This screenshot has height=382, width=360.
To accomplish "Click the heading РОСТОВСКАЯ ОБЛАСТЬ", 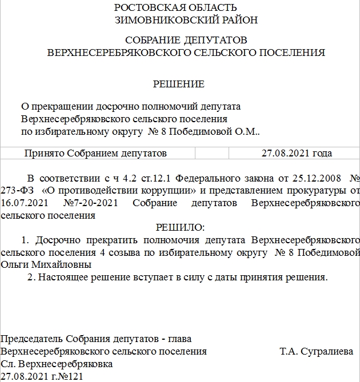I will click(175, 7).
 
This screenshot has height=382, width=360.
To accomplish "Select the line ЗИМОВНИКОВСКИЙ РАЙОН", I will click(186, 20).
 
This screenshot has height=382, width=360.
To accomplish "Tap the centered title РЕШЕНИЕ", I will click(178, 84).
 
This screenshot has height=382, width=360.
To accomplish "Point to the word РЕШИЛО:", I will click(180, 227).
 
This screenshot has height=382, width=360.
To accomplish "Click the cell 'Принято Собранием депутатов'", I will click(95, 153).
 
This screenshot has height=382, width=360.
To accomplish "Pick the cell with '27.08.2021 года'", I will click(296, 153).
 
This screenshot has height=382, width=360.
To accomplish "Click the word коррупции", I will click(172, 190).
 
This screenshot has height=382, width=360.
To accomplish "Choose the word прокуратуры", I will click(317, 190).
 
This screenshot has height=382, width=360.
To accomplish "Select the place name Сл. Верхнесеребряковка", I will click(57, 364).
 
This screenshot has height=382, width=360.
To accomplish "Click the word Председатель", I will click(32, 339).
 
